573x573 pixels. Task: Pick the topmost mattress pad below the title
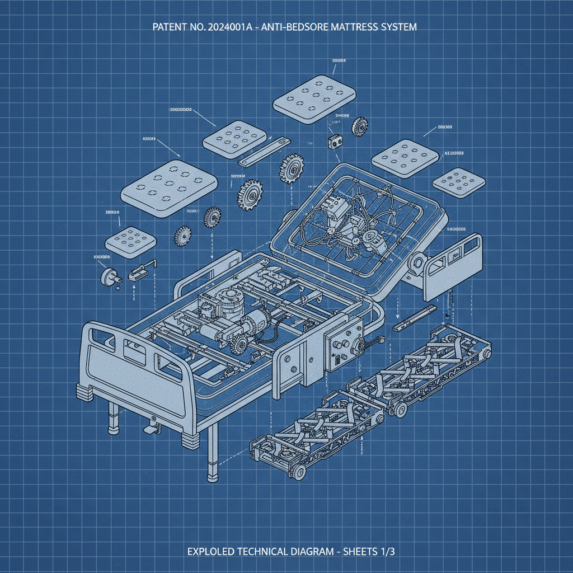pos(315,99)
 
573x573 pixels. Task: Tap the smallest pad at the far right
pos(459,182)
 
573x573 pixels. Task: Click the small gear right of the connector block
pos(358,126)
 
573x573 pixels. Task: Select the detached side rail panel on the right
pos(453,266)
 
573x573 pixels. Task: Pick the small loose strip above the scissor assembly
pos(414,318)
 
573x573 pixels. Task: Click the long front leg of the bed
pos(212,453)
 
